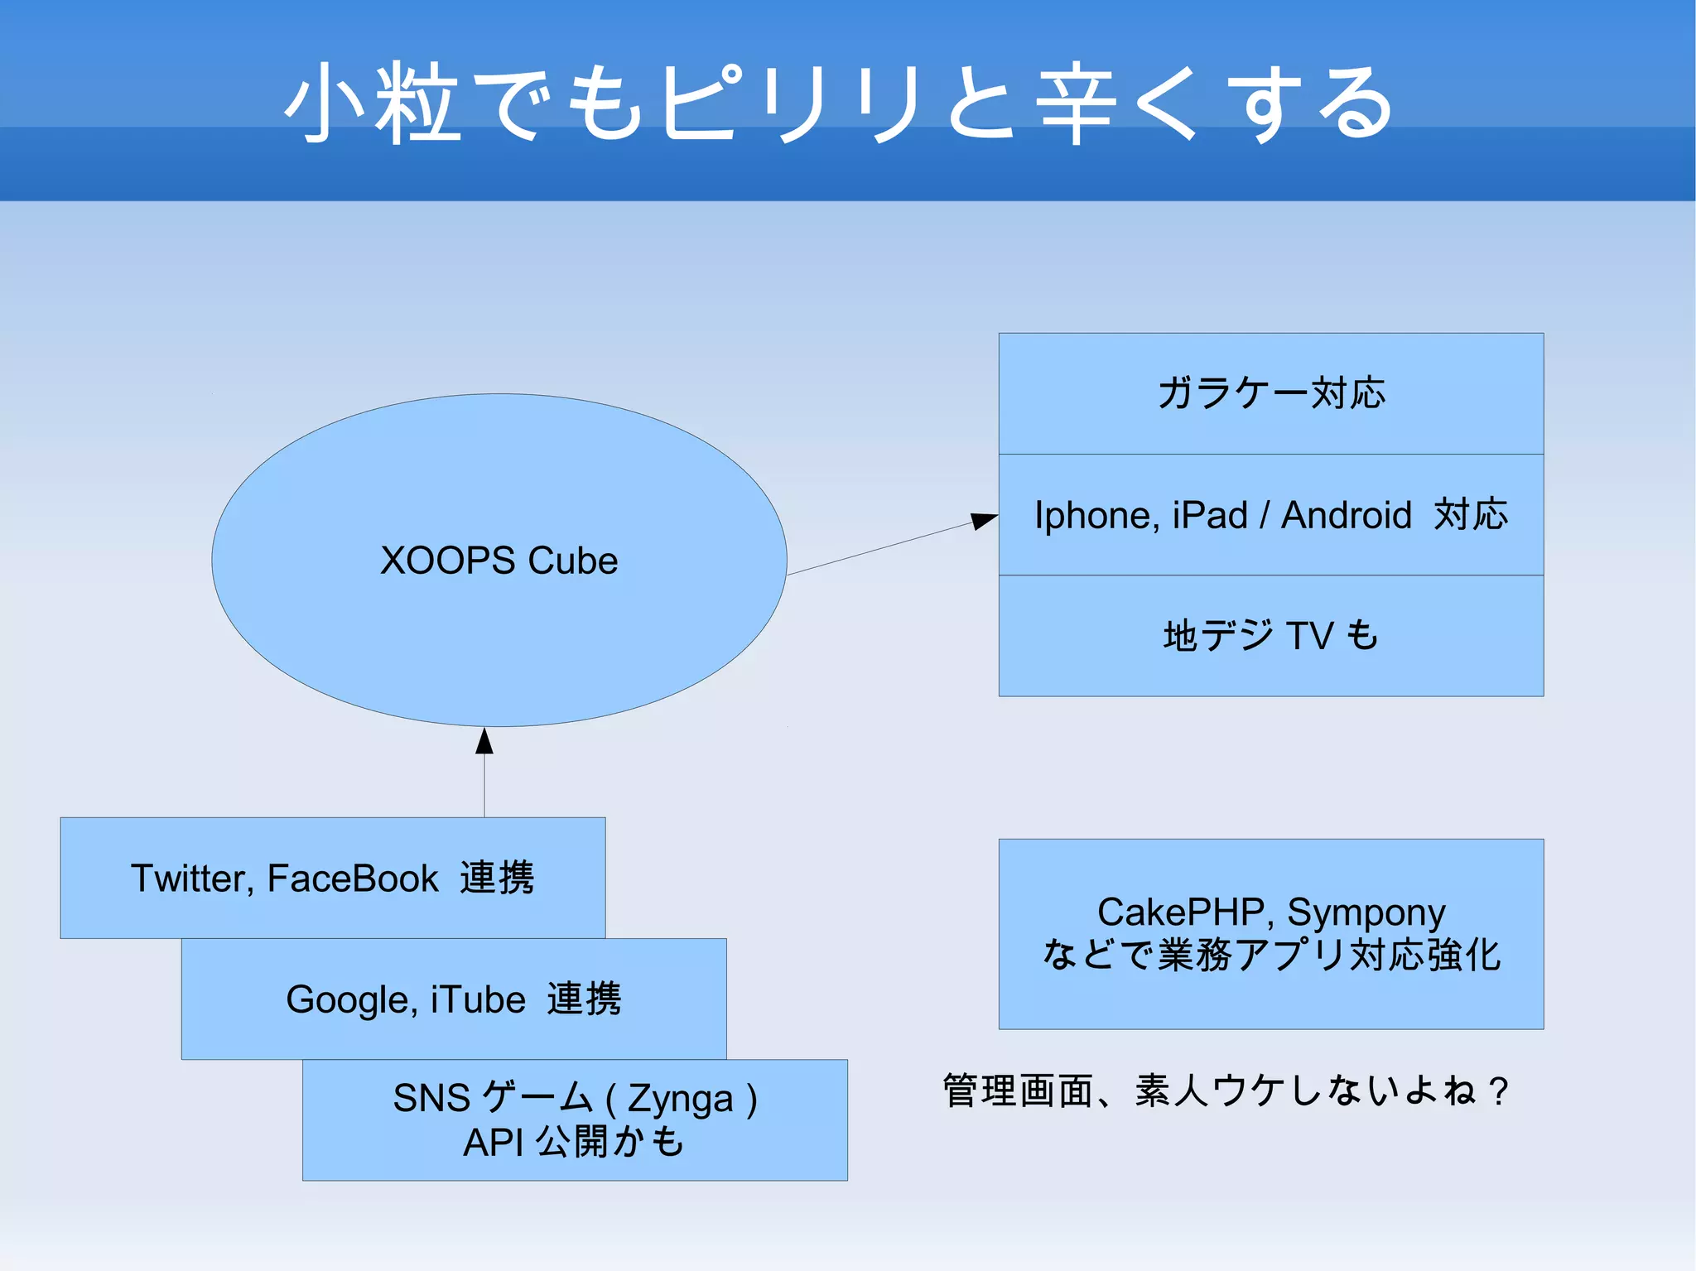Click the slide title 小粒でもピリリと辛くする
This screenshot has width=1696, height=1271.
click(840, 103)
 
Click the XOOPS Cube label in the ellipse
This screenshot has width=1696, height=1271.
click(499, 561)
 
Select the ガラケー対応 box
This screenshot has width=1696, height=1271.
click(1270, 393)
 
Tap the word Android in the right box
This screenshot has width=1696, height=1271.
click(1346, 515)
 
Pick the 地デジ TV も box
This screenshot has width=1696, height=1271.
click(1270, 636)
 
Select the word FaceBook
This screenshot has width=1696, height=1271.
click(352, 879)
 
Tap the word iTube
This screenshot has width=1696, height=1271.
click(478, 999)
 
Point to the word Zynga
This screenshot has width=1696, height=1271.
click(680, 1099)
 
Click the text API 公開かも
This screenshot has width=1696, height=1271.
click(573, 1143)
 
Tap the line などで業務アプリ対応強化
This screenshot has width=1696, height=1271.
click(1270, 955)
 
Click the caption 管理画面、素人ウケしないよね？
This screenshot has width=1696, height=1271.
click(1226, 1090)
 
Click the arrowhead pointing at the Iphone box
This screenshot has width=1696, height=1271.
click(983, 520)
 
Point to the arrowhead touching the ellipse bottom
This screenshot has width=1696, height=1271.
click(484, 741)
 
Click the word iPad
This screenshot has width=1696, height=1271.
click(1210, 515)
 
